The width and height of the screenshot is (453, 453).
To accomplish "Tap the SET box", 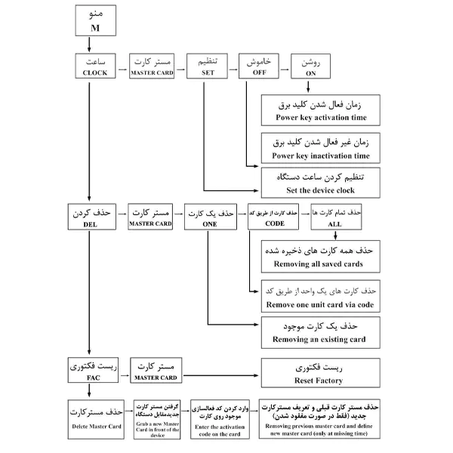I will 208,66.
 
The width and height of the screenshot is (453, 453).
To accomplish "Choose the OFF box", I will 259,66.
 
